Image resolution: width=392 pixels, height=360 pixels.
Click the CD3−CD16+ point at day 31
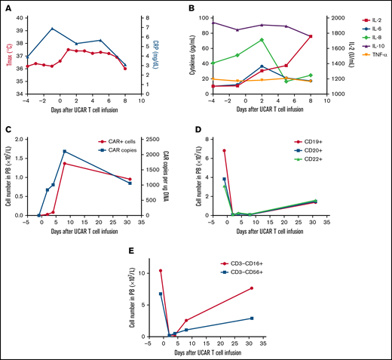[251, 288]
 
